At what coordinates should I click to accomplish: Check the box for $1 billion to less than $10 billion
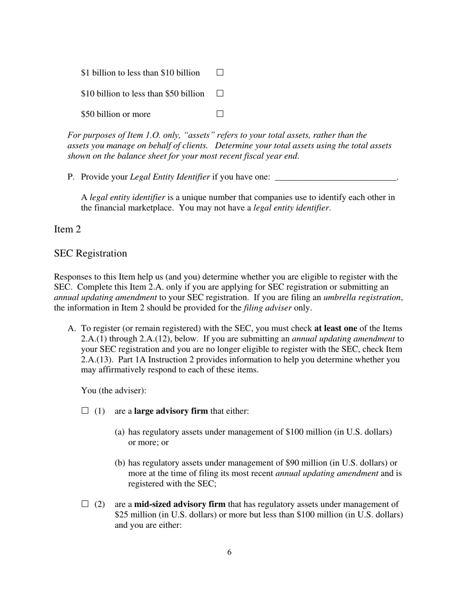(x=220, y=72)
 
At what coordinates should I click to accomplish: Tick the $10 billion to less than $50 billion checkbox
(x=220, y=93)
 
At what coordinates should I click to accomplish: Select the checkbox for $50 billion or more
(x=220, y=114)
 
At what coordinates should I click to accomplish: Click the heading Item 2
(x=68, y=229)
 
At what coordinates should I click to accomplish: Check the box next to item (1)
(x=86, y=411)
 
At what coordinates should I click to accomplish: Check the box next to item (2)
(x=86, y=504)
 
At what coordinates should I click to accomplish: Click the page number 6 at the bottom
(x=229, y=552)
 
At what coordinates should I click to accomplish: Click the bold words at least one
(x=335, y=329)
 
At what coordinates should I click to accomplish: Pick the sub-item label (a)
(x=120, y=432)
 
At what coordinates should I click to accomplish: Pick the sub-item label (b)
(x=120, y=463)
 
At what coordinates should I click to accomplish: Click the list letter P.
(x=71, y=177)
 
